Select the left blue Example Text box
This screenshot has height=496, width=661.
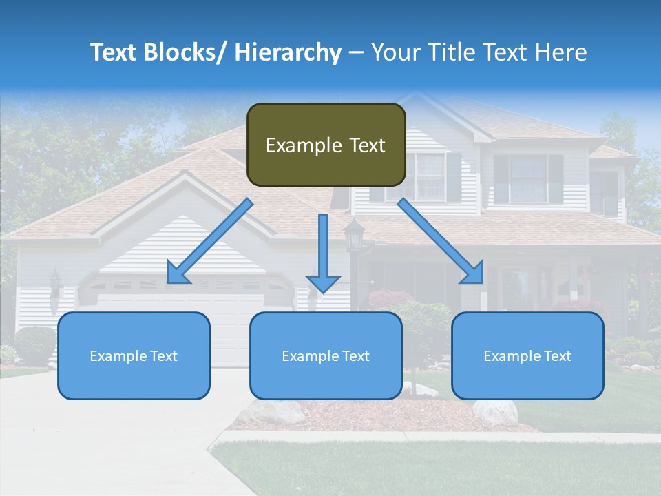coord(134,356)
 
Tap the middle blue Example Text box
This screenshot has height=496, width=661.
coord(326,356)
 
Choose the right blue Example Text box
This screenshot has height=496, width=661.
coord(527,356)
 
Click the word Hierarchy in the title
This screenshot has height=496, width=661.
coord(288,52)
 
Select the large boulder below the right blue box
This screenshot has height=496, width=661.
coord(495,412)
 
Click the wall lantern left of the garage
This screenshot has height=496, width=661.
coord(55,283)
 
